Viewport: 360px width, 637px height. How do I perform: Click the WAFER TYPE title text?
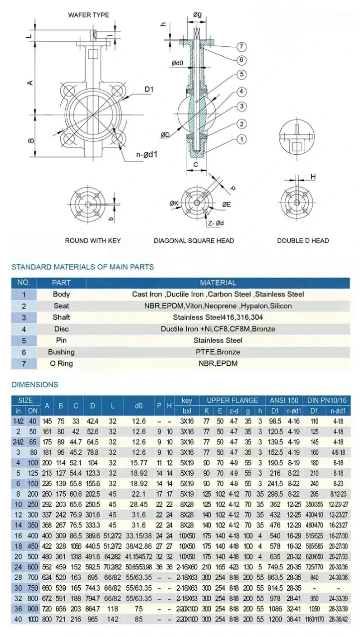pos(89,15)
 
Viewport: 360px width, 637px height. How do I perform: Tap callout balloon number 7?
pos(241,47)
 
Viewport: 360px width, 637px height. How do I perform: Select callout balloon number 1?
pos(241,139)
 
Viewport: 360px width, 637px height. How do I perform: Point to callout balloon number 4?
pos(241,92)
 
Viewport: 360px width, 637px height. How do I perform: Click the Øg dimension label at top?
pos(198,15)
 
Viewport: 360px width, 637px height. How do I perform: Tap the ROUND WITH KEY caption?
pos(93,241)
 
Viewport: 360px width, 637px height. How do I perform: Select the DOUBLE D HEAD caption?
pos(303,241)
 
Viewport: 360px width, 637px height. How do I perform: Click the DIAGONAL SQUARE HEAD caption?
pos(194,241)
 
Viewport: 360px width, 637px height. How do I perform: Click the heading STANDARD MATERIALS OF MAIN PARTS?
pos(83,267)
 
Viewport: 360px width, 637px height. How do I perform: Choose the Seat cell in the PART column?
pos(61,306)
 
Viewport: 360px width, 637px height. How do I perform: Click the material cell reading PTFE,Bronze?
pos(218,352)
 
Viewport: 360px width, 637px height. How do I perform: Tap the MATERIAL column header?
pos(218,283)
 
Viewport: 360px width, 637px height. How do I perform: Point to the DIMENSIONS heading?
pos(35,385)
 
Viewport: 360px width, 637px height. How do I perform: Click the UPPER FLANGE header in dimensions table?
pos(233,400)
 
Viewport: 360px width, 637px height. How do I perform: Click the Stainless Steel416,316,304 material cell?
pos(218,318)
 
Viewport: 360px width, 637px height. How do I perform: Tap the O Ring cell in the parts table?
pos(61,363)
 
